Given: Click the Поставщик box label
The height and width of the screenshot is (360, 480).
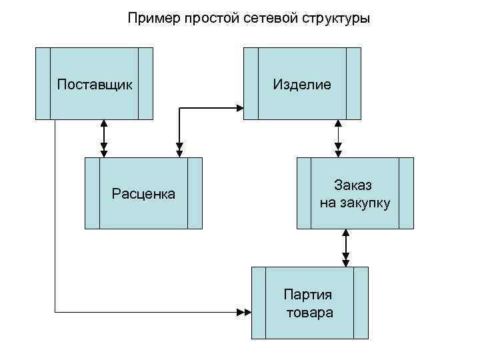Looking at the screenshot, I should (95, 85).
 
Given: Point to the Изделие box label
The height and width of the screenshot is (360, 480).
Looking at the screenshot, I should (302, 85).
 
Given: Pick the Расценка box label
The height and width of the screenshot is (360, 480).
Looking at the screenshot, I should (143, 194).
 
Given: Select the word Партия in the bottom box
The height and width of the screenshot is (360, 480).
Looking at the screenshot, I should (308, 295).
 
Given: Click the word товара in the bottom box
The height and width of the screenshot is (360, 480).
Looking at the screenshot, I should (309, 312).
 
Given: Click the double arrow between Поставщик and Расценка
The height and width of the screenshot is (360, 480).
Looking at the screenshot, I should (103, 139).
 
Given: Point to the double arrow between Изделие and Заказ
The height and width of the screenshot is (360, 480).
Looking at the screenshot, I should (339, 139).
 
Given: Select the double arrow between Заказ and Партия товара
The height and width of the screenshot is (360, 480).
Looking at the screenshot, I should (345, 247).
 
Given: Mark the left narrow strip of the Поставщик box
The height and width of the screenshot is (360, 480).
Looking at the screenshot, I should (43, 83).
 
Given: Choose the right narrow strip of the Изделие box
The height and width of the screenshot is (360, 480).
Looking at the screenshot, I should (353, 83).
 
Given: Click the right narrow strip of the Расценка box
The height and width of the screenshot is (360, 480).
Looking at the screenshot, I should (195, 193).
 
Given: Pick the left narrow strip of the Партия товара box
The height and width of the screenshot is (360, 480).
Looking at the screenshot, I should (259, 303).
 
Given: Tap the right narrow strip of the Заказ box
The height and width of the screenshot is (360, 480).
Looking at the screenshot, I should (405, 193).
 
